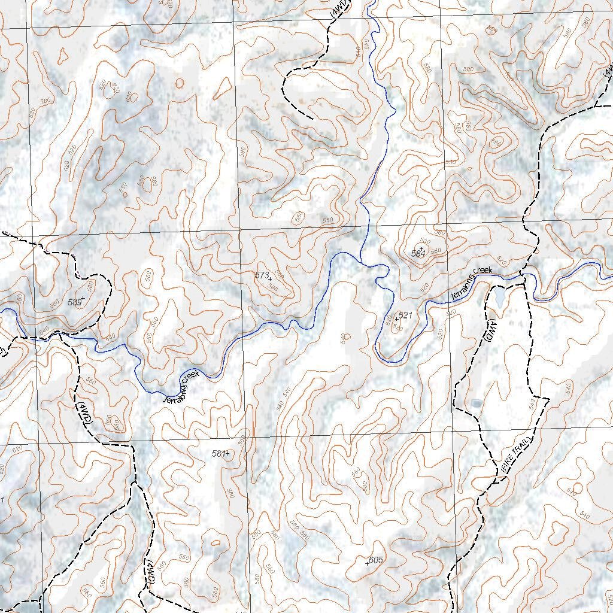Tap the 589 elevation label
76,302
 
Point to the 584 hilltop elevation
418,253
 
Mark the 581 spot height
220,454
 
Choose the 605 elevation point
375,560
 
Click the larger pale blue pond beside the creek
499,298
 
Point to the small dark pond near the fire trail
476,403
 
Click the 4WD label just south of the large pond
490,331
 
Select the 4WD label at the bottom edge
150,573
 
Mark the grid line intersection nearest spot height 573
240,229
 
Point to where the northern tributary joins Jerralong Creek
361,261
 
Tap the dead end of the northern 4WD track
312,119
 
